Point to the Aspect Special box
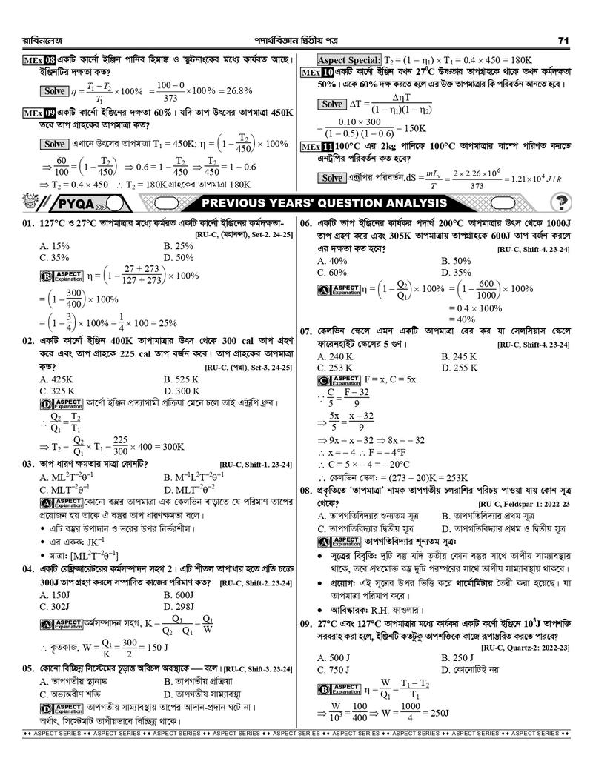(x=349, y=59)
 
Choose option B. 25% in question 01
(x=178, y=245)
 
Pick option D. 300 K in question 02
(x=182, y=391)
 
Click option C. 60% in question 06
(x=331, y=272)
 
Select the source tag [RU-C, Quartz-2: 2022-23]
(x=524, y=647)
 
